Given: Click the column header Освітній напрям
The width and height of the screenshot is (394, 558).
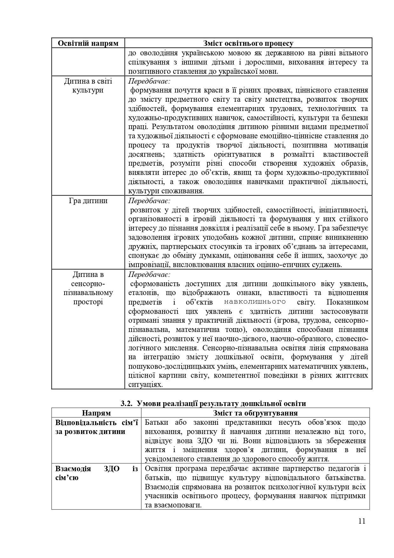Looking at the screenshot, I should [88, 43].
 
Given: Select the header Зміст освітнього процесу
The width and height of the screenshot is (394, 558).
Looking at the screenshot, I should [248, 43].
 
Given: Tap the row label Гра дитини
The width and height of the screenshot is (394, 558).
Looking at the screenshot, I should [88, 201].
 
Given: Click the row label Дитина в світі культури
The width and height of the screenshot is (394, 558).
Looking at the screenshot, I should [88, 86].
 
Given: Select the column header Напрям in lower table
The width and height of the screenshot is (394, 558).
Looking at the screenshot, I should [96, 413].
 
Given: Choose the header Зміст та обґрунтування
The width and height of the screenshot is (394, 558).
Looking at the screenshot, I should [255, 413].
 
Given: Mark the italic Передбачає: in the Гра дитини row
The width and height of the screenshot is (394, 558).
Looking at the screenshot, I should [149, 201].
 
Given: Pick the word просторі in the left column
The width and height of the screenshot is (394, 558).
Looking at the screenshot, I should [88, 302].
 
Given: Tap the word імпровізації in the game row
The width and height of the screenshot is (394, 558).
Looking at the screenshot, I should [146, 265].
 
